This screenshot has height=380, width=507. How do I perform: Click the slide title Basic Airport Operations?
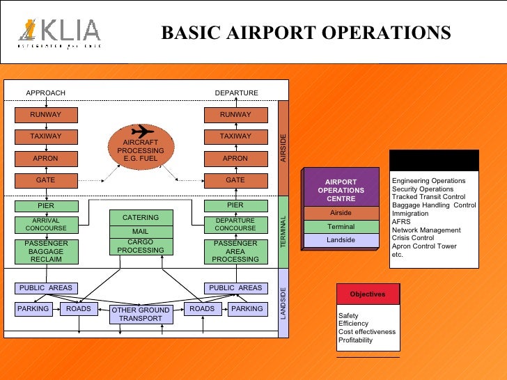click(x=306, y=33)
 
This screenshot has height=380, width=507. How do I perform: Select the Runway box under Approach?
click(x=46, y=115)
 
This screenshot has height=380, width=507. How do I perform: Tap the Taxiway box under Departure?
click(x=235, y=136)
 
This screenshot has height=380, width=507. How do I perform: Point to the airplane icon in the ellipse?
click(x=142, y=131)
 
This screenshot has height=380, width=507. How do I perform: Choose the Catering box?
click(x=141, y=217)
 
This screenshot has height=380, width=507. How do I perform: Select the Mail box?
click(x=141, y=231)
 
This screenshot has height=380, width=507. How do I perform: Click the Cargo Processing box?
click(x=141, y=246)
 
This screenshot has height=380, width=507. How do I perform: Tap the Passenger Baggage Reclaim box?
click(x=46, y=252)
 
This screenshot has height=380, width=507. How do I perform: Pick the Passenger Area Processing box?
click(x=235, y=252)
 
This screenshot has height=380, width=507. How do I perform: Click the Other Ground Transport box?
click(x=141, y=315)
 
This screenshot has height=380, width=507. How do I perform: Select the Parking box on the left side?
click(x=33, y=308)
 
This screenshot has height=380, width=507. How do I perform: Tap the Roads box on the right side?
click(x=202, y=308)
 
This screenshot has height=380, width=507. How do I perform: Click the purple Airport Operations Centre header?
click(x=341, y=189)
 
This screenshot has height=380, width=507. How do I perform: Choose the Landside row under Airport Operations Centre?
click(x=341, y=240)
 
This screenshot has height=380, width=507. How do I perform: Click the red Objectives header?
click(x=368, y=294)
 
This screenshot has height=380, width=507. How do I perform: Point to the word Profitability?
click(x=355, y=340)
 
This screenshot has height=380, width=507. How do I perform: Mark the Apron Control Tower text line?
click(x=424, y=246)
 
